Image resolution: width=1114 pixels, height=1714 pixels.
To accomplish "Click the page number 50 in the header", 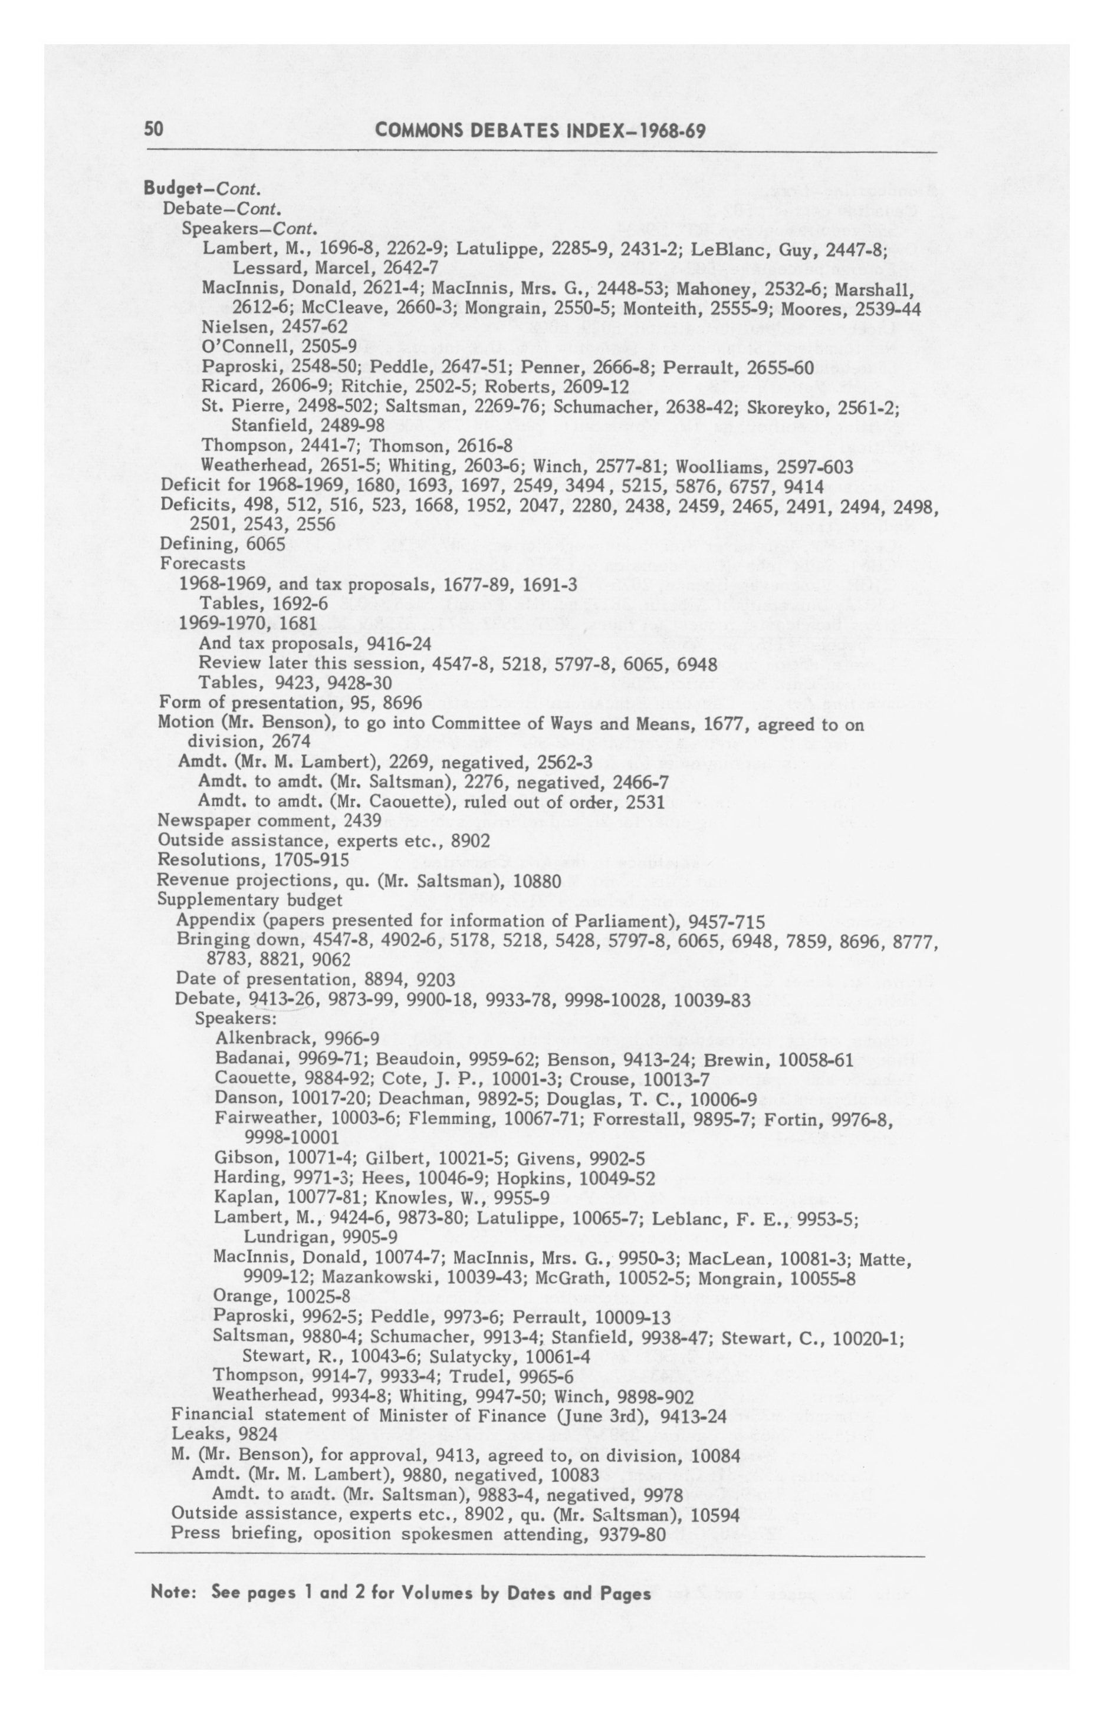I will click(154, 130).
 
